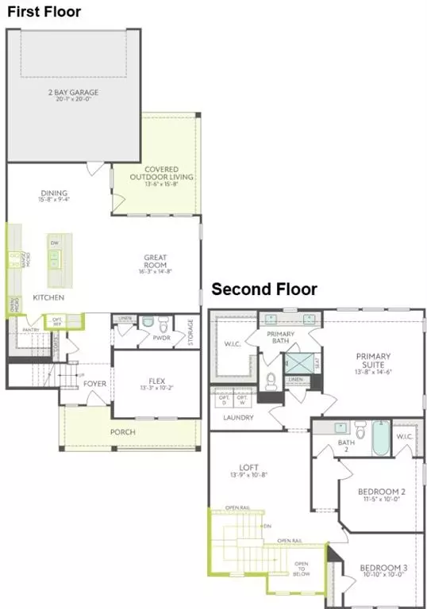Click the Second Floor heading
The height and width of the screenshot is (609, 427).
[x=264, y=289]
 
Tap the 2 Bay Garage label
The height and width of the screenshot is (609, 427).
[x=72, y=93]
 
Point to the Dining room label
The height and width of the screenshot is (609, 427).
[x=53, y=193]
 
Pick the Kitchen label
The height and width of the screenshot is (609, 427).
[x=48, y=297]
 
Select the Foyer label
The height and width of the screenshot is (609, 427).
[x=94, y=384]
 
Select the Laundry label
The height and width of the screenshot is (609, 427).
[x=238, y=417]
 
